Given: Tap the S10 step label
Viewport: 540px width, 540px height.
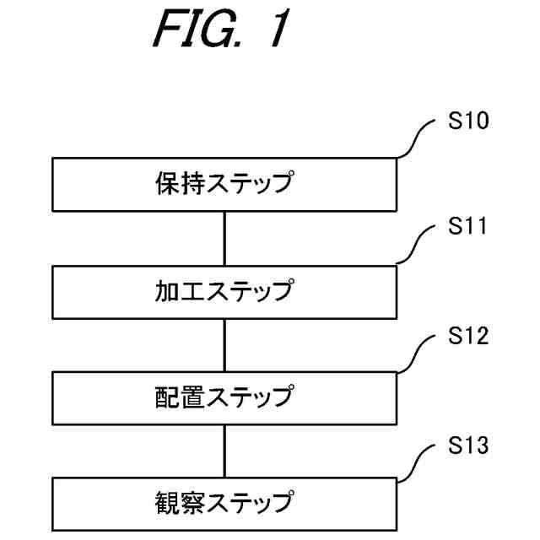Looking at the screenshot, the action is pos(468,121).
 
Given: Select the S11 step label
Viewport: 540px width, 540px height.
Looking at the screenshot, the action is pos(467,226).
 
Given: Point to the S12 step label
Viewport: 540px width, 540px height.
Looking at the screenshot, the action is pos(468,336).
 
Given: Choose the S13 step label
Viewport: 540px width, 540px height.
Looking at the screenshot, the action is pos(468,445).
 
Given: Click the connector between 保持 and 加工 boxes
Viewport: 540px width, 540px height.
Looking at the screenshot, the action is pos(224,238).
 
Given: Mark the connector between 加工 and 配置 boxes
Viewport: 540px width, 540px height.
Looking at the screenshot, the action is pos(224,345).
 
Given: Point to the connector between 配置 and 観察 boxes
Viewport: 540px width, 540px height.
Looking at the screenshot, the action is pos(224,451).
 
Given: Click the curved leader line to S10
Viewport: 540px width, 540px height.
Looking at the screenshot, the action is pos(416,138).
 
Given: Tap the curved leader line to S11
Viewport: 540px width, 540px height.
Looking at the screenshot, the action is pos(415,244).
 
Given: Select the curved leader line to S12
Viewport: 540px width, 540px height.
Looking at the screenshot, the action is pos(416,354).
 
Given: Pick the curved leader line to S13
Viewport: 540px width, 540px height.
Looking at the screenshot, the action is pos(416,463).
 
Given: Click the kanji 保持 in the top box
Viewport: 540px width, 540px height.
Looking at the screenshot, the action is pos(181,183).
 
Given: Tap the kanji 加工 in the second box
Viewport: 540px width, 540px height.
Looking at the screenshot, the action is pos(181,290).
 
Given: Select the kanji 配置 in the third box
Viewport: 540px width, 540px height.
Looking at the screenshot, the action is pos(181,397).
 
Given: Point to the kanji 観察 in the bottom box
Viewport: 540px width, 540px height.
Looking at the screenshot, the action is pos(181,503).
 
